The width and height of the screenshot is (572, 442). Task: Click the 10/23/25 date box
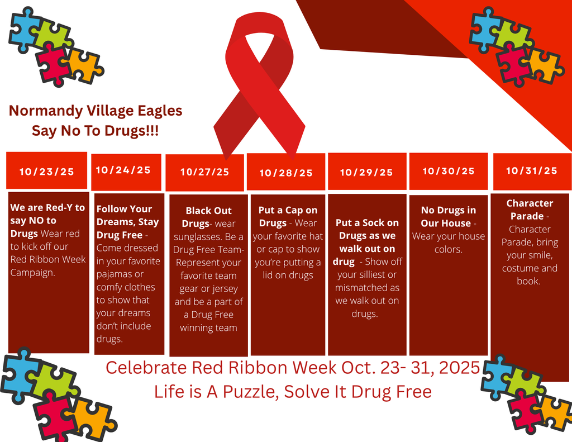(47, 171)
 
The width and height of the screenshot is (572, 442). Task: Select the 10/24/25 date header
(123, 170)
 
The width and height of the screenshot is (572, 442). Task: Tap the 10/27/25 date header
(204, 172)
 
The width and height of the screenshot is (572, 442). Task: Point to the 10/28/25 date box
(286, 173)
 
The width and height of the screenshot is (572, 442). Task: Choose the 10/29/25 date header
(366, 172)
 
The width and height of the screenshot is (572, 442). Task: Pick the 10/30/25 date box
(449, 171)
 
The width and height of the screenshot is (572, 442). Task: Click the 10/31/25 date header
(531, 170)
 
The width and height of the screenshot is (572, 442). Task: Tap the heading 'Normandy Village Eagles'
(96, 111)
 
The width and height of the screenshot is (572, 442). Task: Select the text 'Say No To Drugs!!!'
(95, 131)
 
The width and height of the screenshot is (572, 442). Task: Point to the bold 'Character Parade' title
(529, 210)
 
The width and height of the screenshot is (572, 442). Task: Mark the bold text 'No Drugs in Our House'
(448, 216)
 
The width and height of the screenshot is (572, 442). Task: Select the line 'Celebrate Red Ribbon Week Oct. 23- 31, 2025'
(293, 368)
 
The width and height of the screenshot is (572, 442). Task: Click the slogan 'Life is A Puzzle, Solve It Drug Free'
(293, 391)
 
